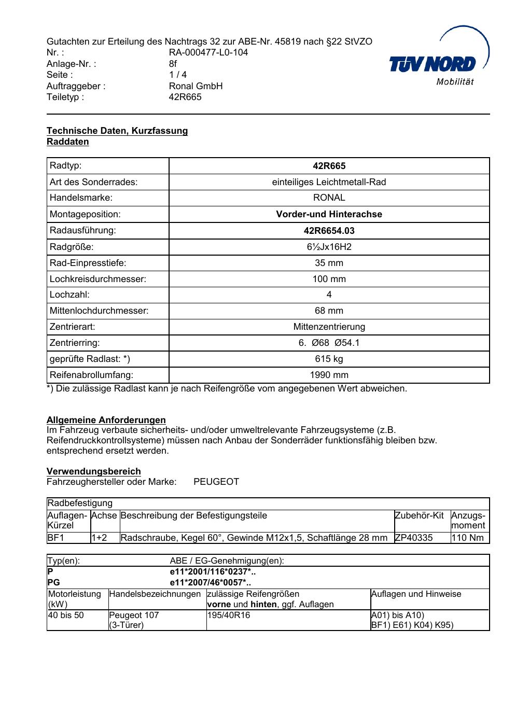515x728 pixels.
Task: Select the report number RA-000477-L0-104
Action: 208,52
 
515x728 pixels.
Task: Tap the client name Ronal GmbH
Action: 196,86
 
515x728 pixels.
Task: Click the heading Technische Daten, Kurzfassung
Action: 117,131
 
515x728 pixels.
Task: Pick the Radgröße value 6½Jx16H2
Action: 329,247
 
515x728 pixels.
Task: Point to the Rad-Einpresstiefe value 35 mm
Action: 329,263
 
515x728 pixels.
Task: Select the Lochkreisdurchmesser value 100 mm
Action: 329,279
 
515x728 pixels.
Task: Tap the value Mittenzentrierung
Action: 329,327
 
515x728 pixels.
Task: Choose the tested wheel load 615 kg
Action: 329,359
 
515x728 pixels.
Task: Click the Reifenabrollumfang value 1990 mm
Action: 329,375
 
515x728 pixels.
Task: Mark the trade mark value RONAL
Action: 329,198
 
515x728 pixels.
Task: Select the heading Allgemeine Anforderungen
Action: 106,420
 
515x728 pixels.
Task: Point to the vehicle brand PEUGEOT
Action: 216,482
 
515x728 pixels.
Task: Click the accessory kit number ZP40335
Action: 414,538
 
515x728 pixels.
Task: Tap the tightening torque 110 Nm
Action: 467,538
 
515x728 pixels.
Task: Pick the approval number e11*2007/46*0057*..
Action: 210,582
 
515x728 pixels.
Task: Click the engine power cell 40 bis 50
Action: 66,615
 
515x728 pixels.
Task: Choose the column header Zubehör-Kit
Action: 419,515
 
